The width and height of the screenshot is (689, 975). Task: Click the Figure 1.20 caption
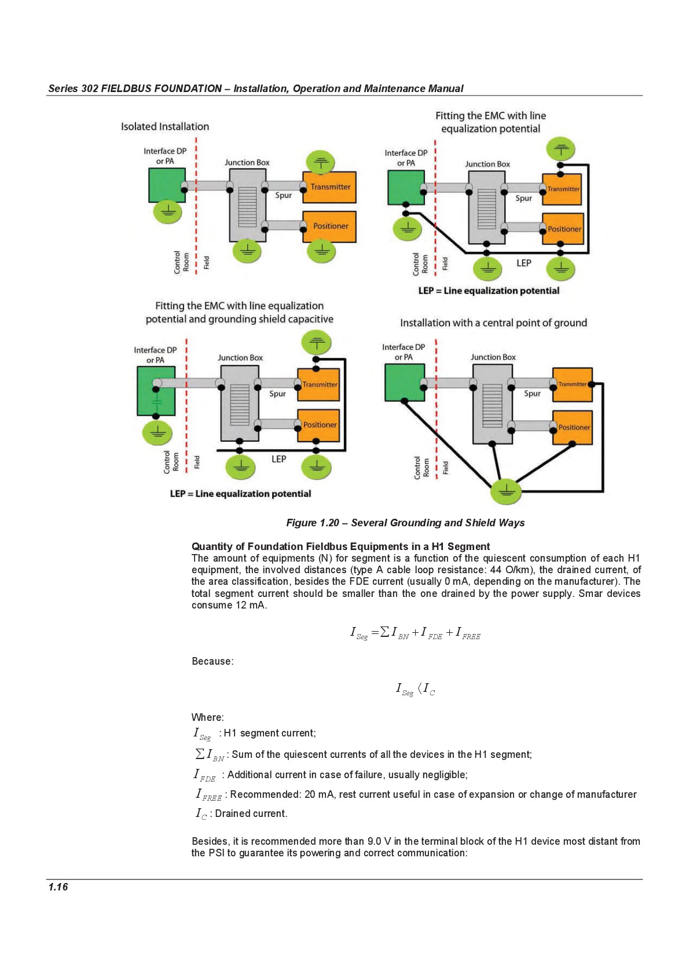[x=405, y=523]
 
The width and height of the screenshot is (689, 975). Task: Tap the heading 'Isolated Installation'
[x=165, y=127]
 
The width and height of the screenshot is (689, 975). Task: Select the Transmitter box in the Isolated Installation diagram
[x=329, y=187]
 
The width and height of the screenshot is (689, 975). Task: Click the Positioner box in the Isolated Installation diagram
[x=329, y=226]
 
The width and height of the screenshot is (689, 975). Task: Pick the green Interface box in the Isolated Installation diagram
[x=167, y=185]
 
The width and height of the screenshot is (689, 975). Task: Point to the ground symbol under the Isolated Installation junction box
[x=247, y=251]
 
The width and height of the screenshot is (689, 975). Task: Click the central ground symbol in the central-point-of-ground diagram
[x=506, y=492]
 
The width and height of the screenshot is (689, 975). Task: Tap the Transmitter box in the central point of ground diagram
[x=573, y=385]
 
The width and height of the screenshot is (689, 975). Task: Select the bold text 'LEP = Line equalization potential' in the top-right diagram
[x=489, y=291]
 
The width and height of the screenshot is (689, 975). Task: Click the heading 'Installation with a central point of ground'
[x=493, y=322]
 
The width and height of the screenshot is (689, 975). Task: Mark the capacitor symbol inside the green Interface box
[x=156, y=401]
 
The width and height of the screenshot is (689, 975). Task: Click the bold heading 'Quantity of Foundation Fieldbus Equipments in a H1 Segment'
[x=341, y=546]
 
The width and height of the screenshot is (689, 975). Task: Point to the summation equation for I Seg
[x=415, y=633]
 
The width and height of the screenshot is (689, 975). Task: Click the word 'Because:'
[x=212, y=661]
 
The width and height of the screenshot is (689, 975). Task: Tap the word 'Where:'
[x=208, y=717]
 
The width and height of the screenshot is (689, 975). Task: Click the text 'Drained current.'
[x=251, y=813]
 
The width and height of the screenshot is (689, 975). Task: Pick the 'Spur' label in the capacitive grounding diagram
[x=277, y=394]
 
